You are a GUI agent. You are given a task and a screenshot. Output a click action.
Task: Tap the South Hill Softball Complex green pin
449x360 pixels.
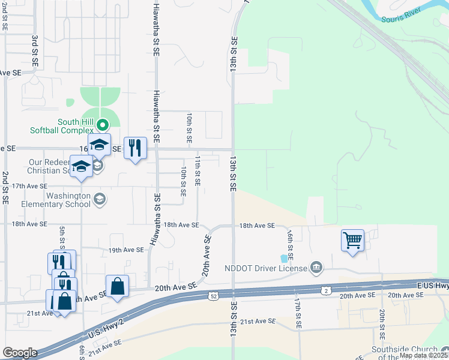[103, 125]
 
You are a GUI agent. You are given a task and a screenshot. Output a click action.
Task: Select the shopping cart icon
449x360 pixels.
[352, 241]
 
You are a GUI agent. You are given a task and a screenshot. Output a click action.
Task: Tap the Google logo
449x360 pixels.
[19, 353]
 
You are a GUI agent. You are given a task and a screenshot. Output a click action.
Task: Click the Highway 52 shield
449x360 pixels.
[214, 296]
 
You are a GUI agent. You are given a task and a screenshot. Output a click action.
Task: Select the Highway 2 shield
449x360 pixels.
[325, 290]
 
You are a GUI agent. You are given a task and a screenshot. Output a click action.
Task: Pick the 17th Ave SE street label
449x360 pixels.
[21, 186]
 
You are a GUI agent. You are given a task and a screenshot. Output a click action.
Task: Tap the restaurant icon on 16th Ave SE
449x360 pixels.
[135, 147]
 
